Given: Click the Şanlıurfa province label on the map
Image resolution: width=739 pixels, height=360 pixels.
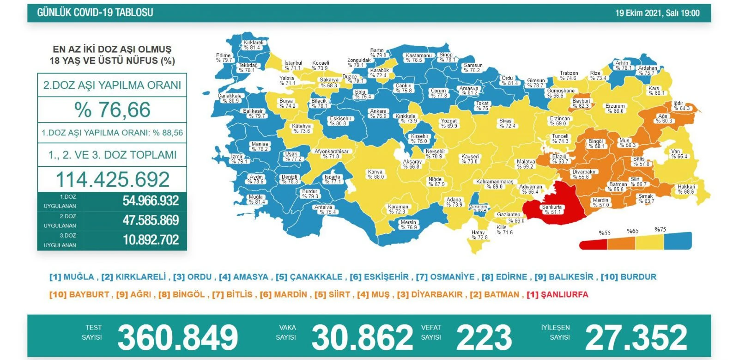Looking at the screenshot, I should coord(552,209).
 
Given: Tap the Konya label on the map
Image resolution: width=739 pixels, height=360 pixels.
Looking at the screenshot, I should coord(376,174).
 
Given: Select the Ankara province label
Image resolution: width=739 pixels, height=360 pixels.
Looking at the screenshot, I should coord(378,114).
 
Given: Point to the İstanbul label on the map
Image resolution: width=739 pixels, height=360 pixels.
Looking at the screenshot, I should coord(293,65).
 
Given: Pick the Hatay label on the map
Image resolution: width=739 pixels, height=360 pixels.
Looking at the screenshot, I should coord(479,235).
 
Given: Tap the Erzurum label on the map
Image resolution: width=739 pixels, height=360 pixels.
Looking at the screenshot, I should coord(615,108).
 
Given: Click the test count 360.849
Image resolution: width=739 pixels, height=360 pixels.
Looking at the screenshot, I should coord(178,337).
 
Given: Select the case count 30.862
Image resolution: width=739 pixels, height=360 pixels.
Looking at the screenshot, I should coord(362,337).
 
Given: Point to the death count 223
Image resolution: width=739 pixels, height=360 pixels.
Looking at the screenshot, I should coord(484,337).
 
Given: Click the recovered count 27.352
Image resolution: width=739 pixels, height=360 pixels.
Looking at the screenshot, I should coord(636,337).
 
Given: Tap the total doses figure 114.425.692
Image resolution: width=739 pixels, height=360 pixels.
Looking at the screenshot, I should coord(112,179).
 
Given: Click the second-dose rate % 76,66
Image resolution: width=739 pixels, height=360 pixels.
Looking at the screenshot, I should coord(112,110).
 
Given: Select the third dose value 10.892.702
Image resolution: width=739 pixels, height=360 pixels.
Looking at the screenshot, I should coord(151,240).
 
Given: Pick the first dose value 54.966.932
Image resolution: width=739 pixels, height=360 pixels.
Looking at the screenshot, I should coord(151,201).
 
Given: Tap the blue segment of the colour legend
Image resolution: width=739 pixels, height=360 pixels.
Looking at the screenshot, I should coord(678,241).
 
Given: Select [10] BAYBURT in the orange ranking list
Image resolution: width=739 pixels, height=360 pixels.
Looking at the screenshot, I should coord(79,294).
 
